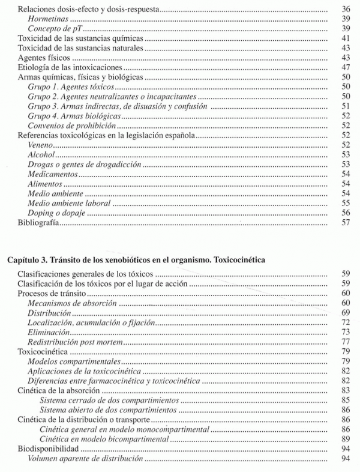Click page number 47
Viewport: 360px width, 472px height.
[345, 68]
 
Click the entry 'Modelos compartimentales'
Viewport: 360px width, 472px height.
[74, 362]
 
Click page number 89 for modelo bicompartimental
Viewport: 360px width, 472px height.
[345, 438]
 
